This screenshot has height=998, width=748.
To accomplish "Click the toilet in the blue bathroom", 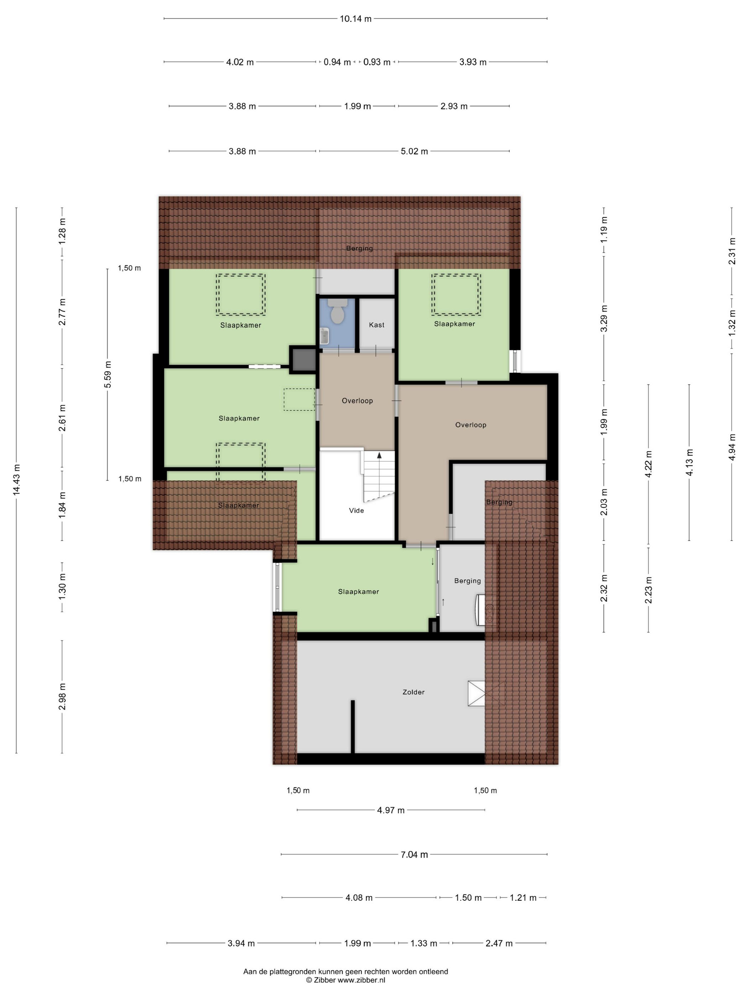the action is point(337,311).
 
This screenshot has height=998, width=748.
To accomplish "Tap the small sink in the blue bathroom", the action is point(324,336).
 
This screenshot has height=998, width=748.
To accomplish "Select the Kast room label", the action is point(376,325).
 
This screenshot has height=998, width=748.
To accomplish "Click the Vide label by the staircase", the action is point(356,510).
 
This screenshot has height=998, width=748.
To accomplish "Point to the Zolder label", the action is point(414,692).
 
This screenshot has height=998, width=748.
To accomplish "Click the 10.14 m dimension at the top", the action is point(356,19).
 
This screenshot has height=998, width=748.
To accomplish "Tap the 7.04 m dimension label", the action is point(414,854).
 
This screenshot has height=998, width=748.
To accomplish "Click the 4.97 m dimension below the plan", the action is point(391,810).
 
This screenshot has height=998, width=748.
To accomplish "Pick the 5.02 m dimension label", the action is point(414,151).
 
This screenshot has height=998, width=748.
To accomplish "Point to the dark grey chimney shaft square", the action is point(303,360).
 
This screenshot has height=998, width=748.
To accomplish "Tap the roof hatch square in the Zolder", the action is point(476,694).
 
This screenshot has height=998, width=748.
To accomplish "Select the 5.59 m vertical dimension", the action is point(107,375).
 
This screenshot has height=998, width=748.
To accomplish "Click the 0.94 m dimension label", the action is point(337,62).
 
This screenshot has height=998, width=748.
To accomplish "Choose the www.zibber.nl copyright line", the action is point(346,980).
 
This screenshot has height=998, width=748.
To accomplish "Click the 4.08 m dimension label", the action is point(359,897).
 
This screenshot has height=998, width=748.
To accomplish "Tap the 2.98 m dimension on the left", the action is point(62,696).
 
